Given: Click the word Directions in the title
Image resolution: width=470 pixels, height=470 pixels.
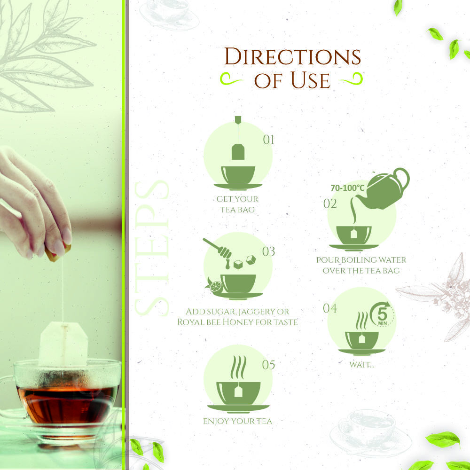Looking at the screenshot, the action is click(x=292, y=56).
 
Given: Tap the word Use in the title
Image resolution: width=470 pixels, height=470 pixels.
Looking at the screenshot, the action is click(x=311, y=80).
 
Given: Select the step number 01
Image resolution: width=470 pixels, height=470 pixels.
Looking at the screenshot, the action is click(x=268, y=140).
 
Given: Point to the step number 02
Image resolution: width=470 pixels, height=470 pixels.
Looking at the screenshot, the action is click(x=330, y=204).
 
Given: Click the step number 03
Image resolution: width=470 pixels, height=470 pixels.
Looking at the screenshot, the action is click(x=268, y=251).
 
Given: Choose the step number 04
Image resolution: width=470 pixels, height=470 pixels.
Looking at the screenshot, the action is click(x=330, y=308).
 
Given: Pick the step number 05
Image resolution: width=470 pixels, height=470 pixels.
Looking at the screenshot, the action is click(x=268, y=365).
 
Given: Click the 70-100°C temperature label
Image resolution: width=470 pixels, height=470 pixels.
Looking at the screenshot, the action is click(x=347, y=188).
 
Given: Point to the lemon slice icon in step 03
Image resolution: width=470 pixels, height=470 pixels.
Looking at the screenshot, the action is click(x=215, y=287).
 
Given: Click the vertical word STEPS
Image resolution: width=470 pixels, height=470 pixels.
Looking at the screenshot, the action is click(x=152, y=248).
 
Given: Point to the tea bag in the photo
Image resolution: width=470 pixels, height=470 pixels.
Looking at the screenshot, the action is click(x=63, y=345).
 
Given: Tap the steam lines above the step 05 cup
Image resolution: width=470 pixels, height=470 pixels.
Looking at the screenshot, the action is click(x=238, y=367).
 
